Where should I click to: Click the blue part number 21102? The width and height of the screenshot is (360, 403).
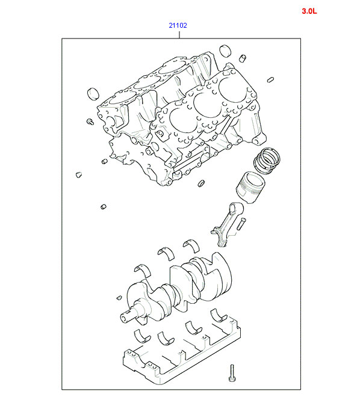click(178, 25)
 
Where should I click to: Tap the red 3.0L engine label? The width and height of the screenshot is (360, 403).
click(309, 11)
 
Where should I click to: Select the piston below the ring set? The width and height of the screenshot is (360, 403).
click(250, 187)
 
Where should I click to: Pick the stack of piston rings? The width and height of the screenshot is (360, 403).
click(267, 161)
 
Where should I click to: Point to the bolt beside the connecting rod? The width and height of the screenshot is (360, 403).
click(241, 223)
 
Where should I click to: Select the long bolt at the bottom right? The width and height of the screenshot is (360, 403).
click(232, 373)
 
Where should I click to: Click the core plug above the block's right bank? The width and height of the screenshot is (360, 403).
click(225, 51)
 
